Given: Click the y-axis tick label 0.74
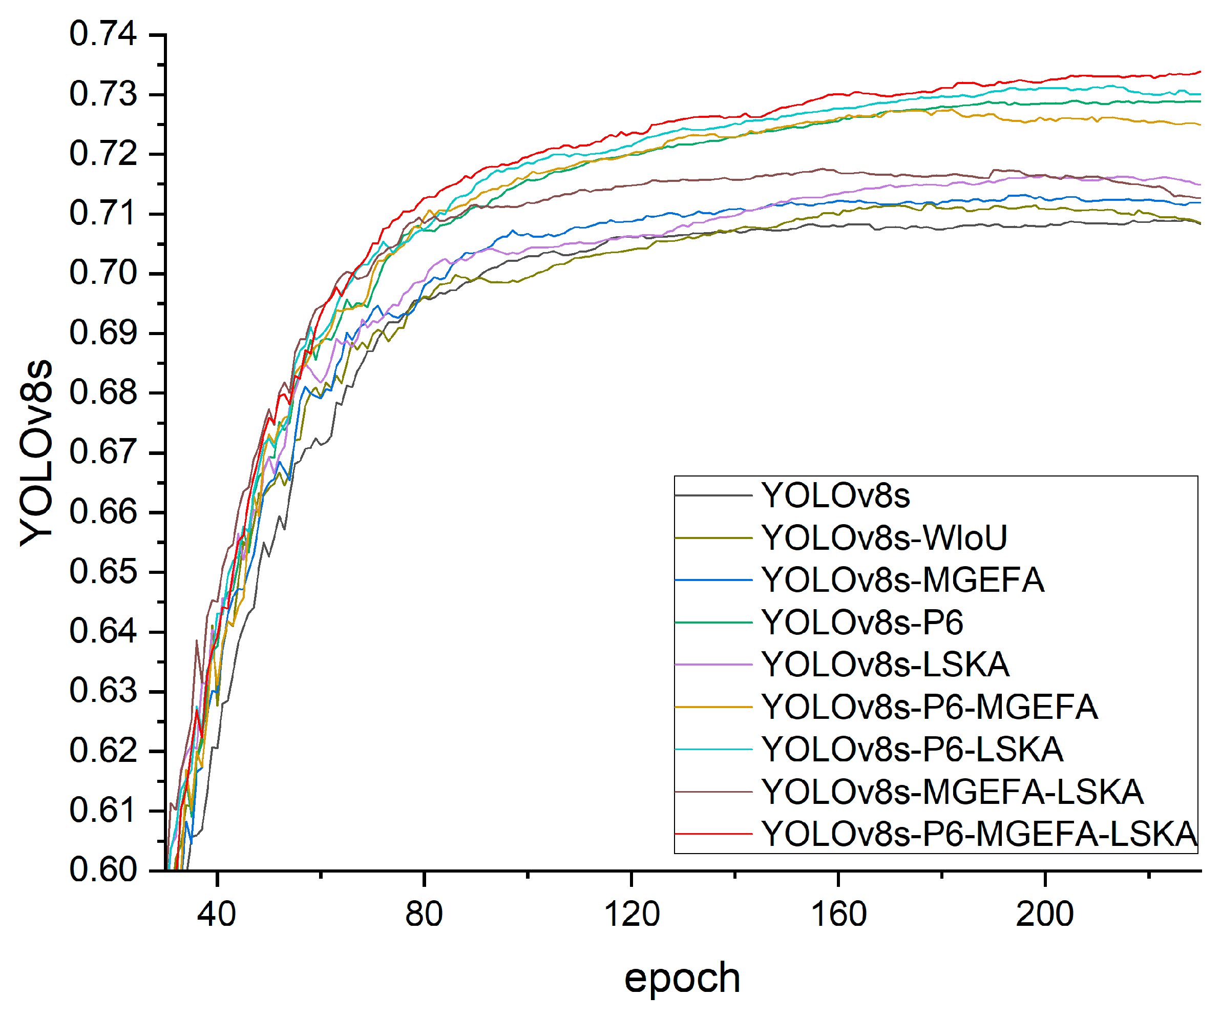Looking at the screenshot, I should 103,34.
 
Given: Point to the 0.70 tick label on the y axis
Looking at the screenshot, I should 103,273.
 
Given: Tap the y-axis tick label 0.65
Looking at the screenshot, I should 103,572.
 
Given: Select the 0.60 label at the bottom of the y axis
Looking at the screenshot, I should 103,870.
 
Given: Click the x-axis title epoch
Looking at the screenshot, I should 682,978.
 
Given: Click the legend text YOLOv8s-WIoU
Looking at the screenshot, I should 884,538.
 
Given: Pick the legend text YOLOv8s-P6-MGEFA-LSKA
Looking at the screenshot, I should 979,834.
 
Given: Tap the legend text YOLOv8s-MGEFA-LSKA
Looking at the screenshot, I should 953,792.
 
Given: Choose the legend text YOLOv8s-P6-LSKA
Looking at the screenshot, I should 912,749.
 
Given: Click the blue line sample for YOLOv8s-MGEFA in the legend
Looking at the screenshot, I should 713,580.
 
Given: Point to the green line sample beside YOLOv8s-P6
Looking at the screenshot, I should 713,623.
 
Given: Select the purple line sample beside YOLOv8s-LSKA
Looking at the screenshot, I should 713,665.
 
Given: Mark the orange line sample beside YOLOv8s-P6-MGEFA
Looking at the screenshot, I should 713,707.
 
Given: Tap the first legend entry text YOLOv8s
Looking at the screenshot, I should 835,495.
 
